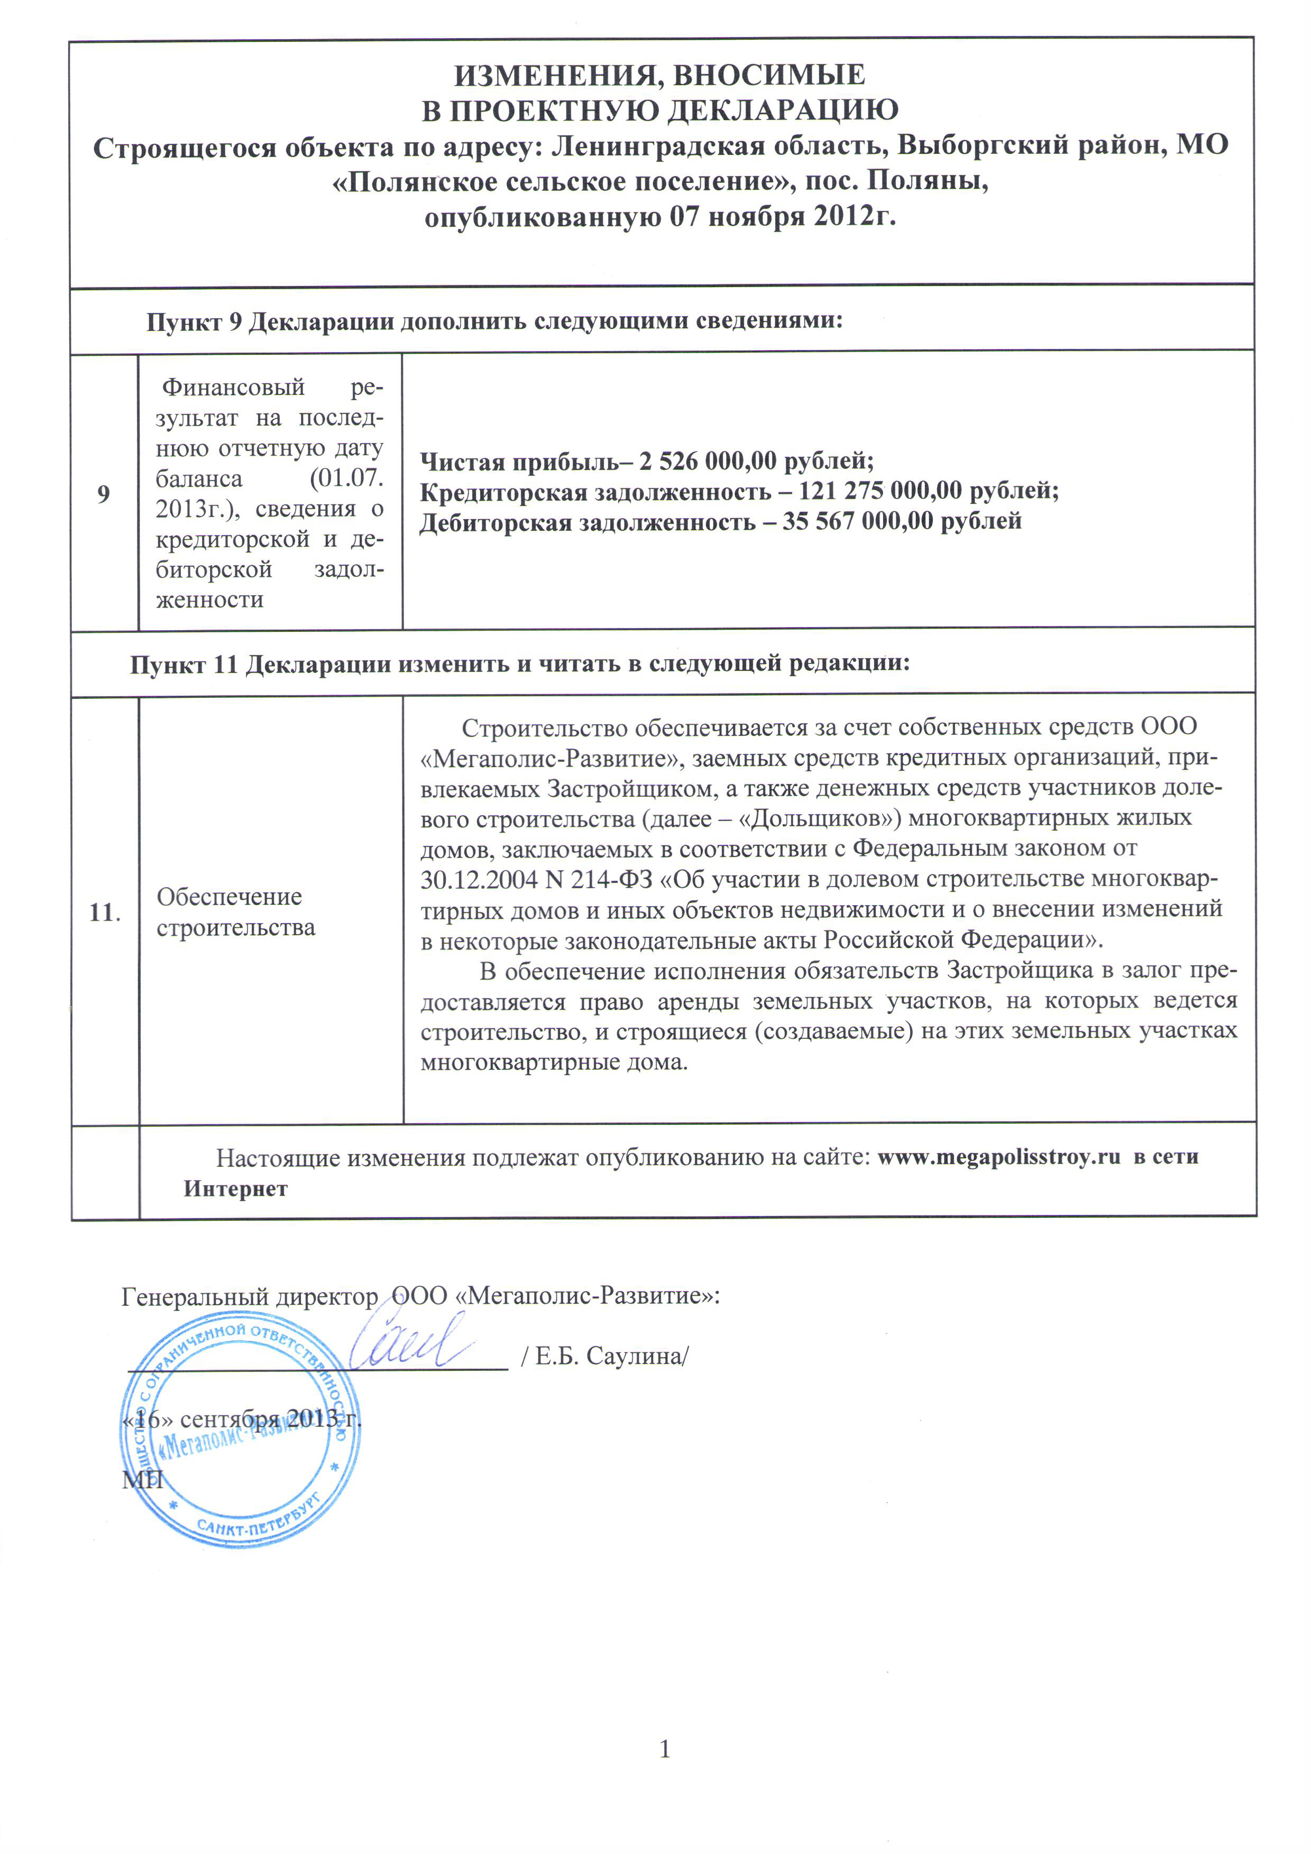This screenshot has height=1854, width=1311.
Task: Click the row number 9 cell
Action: (104, 493)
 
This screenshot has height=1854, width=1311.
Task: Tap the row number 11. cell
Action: (105, 912)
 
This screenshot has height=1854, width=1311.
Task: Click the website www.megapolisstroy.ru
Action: (998, 1157)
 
